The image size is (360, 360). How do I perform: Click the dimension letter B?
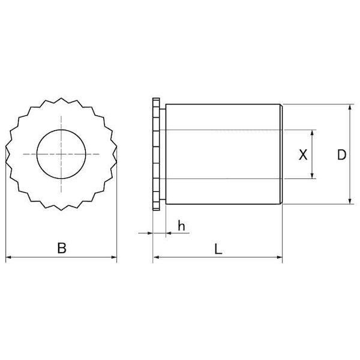(x=62, y=248)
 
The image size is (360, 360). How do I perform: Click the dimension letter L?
(x=218, y=249)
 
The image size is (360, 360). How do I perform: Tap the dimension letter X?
(x=303, y=155)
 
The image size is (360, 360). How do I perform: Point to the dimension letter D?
(x=341, y=155)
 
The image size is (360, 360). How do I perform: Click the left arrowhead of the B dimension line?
(x=8, y=257)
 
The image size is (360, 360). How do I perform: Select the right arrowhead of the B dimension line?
(x=114, y=257)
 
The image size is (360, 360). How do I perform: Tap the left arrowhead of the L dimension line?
(x=156, y=257)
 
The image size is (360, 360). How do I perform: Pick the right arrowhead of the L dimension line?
(x=280, y=257)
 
